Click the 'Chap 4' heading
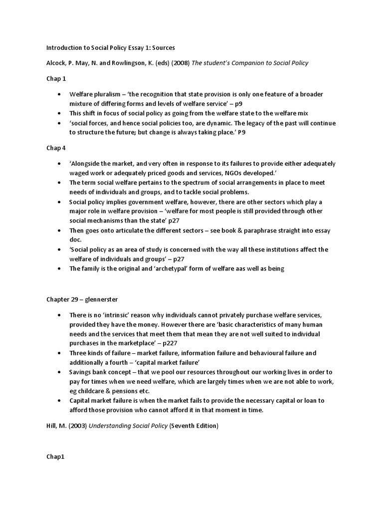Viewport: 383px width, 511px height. pyautogui.click(x=56, y=148)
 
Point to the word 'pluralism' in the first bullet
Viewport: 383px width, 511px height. pyautogui.click(x=108, y=94)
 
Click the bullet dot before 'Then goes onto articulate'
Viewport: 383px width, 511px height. pyautogui.click(x=59, y=231)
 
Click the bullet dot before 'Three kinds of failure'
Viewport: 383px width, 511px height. pyautogui.click(x=59, y=353)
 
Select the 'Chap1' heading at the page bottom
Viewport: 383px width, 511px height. pyautogui.click(x=55, y=457)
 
